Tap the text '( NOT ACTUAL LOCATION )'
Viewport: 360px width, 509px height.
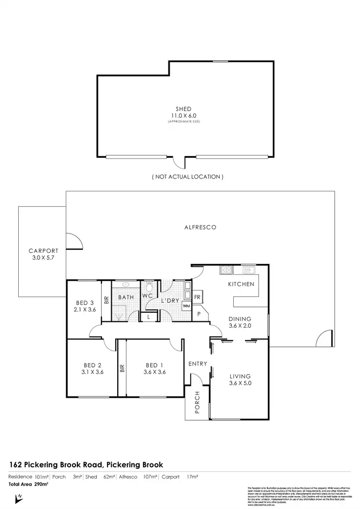188,177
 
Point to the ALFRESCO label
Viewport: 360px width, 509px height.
200,228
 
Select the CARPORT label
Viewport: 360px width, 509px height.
43,250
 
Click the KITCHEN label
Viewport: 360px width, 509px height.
241,284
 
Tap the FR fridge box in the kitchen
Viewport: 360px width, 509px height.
197,296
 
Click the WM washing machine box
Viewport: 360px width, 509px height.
185,306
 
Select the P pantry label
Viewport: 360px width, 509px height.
198,314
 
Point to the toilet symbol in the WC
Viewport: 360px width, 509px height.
149,286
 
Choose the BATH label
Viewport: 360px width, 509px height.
126,297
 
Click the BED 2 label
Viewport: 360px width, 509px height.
93,364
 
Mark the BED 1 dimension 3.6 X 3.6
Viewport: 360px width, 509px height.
155,371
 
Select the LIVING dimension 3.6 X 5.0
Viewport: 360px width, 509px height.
240,384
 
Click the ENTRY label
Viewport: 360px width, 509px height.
197,364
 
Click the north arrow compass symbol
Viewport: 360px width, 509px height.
20,499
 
